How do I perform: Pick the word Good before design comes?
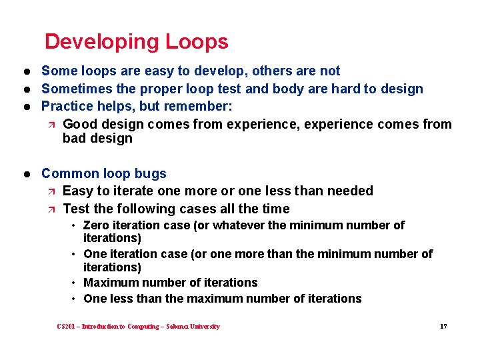pyautogui.click(x=79, y=124)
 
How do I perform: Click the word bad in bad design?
pyautogui.click(x=74, y=139)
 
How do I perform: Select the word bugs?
pyautogui.click(x=150, y=173)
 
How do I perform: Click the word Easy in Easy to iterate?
pyautogui.click(x=77, y=191)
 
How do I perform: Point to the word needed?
pyautogui.click(x=350, y=191)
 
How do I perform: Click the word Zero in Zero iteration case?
pyautogui.click(x=97, y=225)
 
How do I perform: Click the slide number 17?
pyautogui.click(x=443, y=327)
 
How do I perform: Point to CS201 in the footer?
pyautogui.click(x=67, y=327)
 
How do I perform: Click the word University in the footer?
pyautogui.click(x=203, y=327)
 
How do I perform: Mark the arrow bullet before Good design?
pyautogui.click(x=51, y=125)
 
